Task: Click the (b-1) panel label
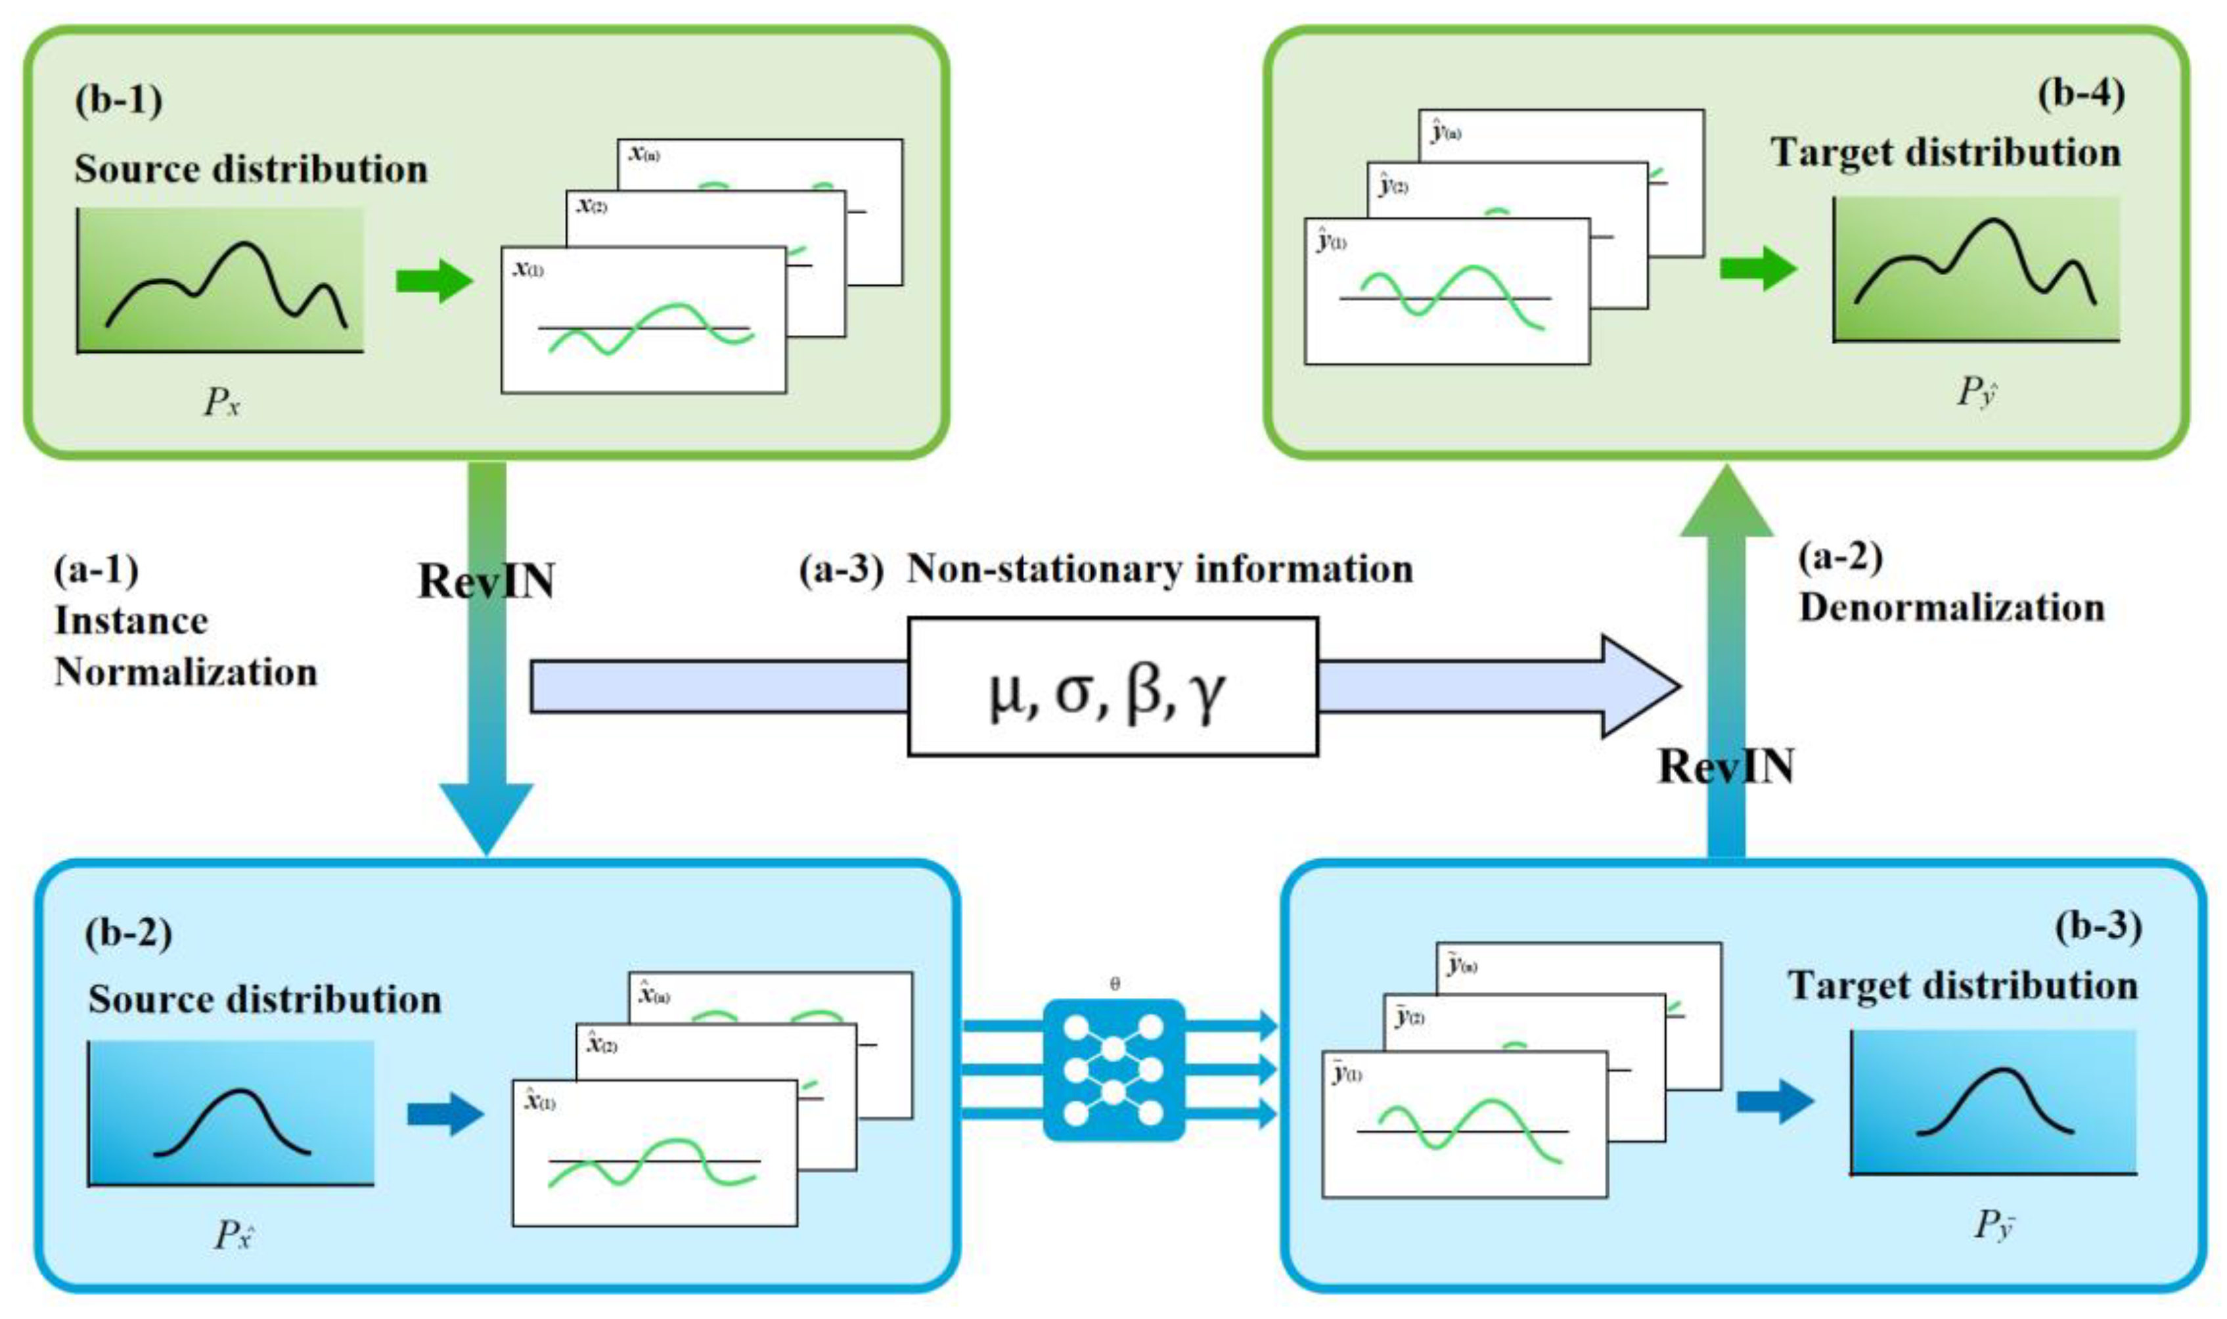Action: point(118,100)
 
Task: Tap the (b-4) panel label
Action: point(2081,93)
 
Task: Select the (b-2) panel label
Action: point(128,933)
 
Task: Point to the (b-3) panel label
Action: point(2098,926)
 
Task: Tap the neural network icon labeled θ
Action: point(1113,1069)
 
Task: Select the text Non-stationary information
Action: point(1159,569)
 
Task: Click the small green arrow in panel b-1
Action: point(434,281)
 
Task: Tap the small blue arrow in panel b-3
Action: point(1774,1102)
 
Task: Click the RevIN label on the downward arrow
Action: point(486,581)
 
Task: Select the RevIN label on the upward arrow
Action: point(1726,766)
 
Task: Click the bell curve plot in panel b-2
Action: point(231,1113)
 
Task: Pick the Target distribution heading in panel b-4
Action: point(1945,153)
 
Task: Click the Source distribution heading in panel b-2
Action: point(264,999)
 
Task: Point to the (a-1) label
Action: point(96,569)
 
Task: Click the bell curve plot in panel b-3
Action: point(1993,1102)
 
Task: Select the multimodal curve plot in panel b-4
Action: point(1975,269)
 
